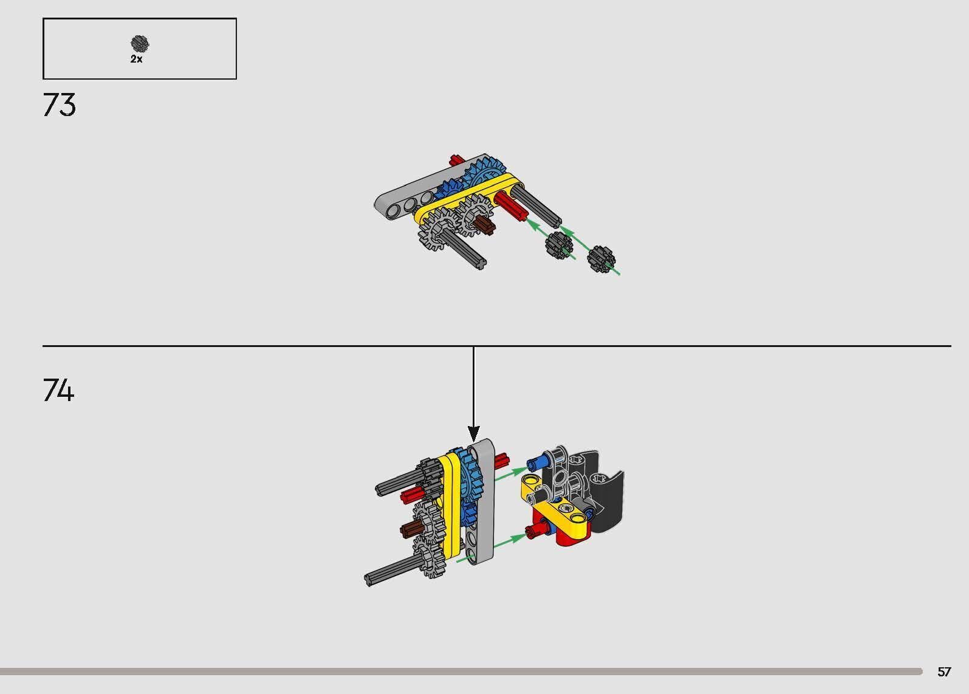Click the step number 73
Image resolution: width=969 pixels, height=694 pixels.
pos(60,105)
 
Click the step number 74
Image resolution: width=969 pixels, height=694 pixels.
pos(59,390)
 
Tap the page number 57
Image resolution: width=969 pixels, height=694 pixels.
pos(943,672)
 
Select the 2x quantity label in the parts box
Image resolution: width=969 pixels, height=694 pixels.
pos(136,60)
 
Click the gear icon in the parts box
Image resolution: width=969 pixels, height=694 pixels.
pos(140,44)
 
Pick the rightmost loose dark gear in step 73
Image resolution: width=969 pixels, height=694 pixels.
pos(601,258)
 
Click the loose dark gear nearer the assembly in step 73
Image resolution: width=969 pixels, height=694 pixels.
pos(559,244)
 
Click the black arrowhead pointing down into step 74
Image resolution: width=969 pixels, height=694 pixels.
pos(473,434)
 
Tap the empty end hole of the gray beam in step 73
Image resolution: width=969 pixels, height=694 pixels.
pos(392,210)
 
